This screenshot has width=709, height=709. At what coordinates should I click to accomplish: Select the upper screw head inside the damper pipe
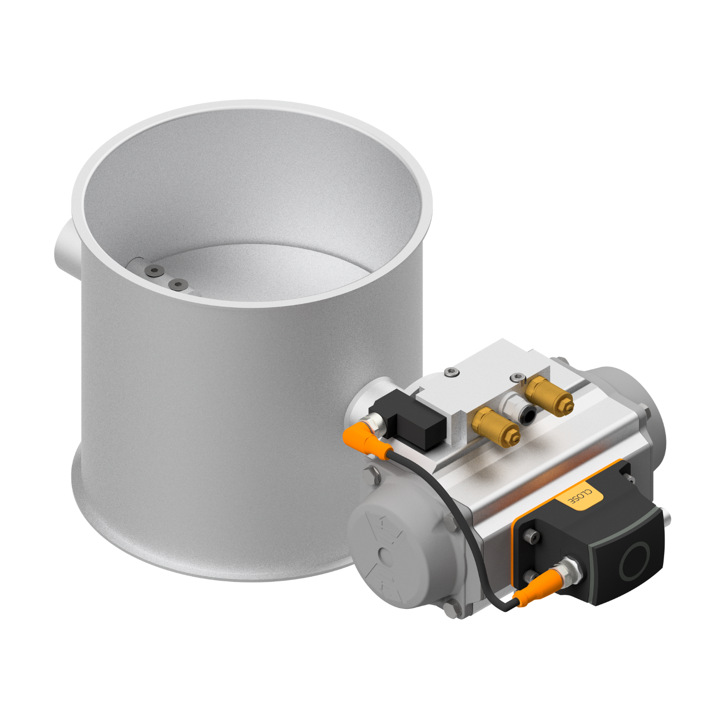(x=154, y=270)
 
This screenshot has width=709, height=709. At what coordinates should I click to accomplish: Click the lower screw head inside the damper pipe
(x=178, y=284)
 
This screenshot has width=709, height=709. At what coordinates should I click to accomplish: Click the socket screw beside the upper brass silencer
(x=518, y=377)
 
